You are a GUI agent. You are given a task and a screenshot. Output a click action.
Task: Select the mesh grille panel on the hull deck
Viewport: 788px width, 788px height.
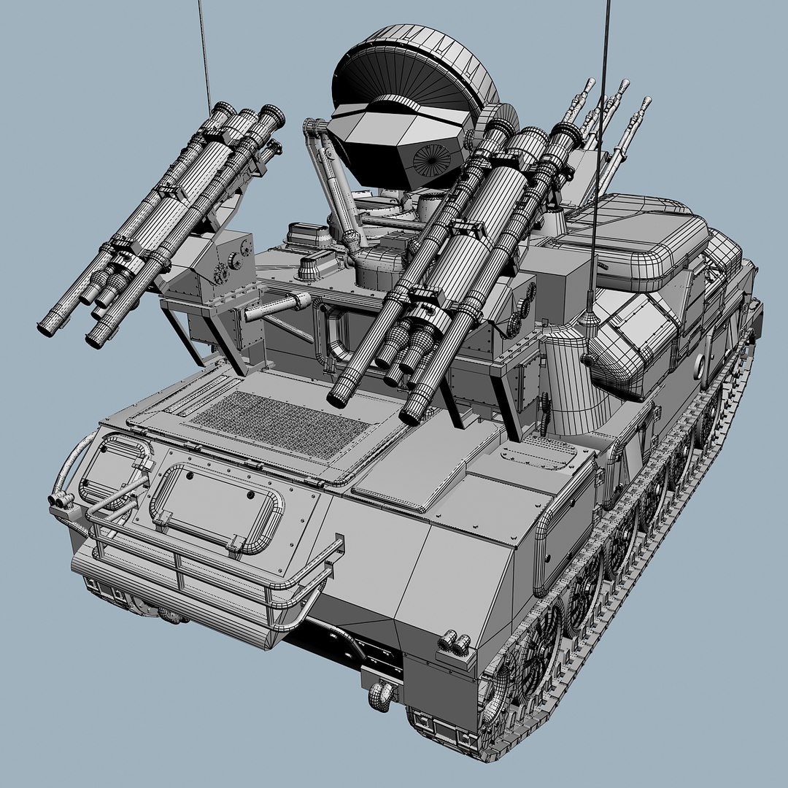coord(281,423)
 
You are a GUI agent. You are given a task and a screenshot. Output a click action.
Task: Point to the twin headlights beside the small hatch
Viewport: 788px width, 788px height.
coord(60,500)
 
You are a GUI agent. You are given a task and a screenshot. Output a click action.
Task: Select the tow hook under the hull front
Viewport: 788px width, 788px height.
coord(382,689)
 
